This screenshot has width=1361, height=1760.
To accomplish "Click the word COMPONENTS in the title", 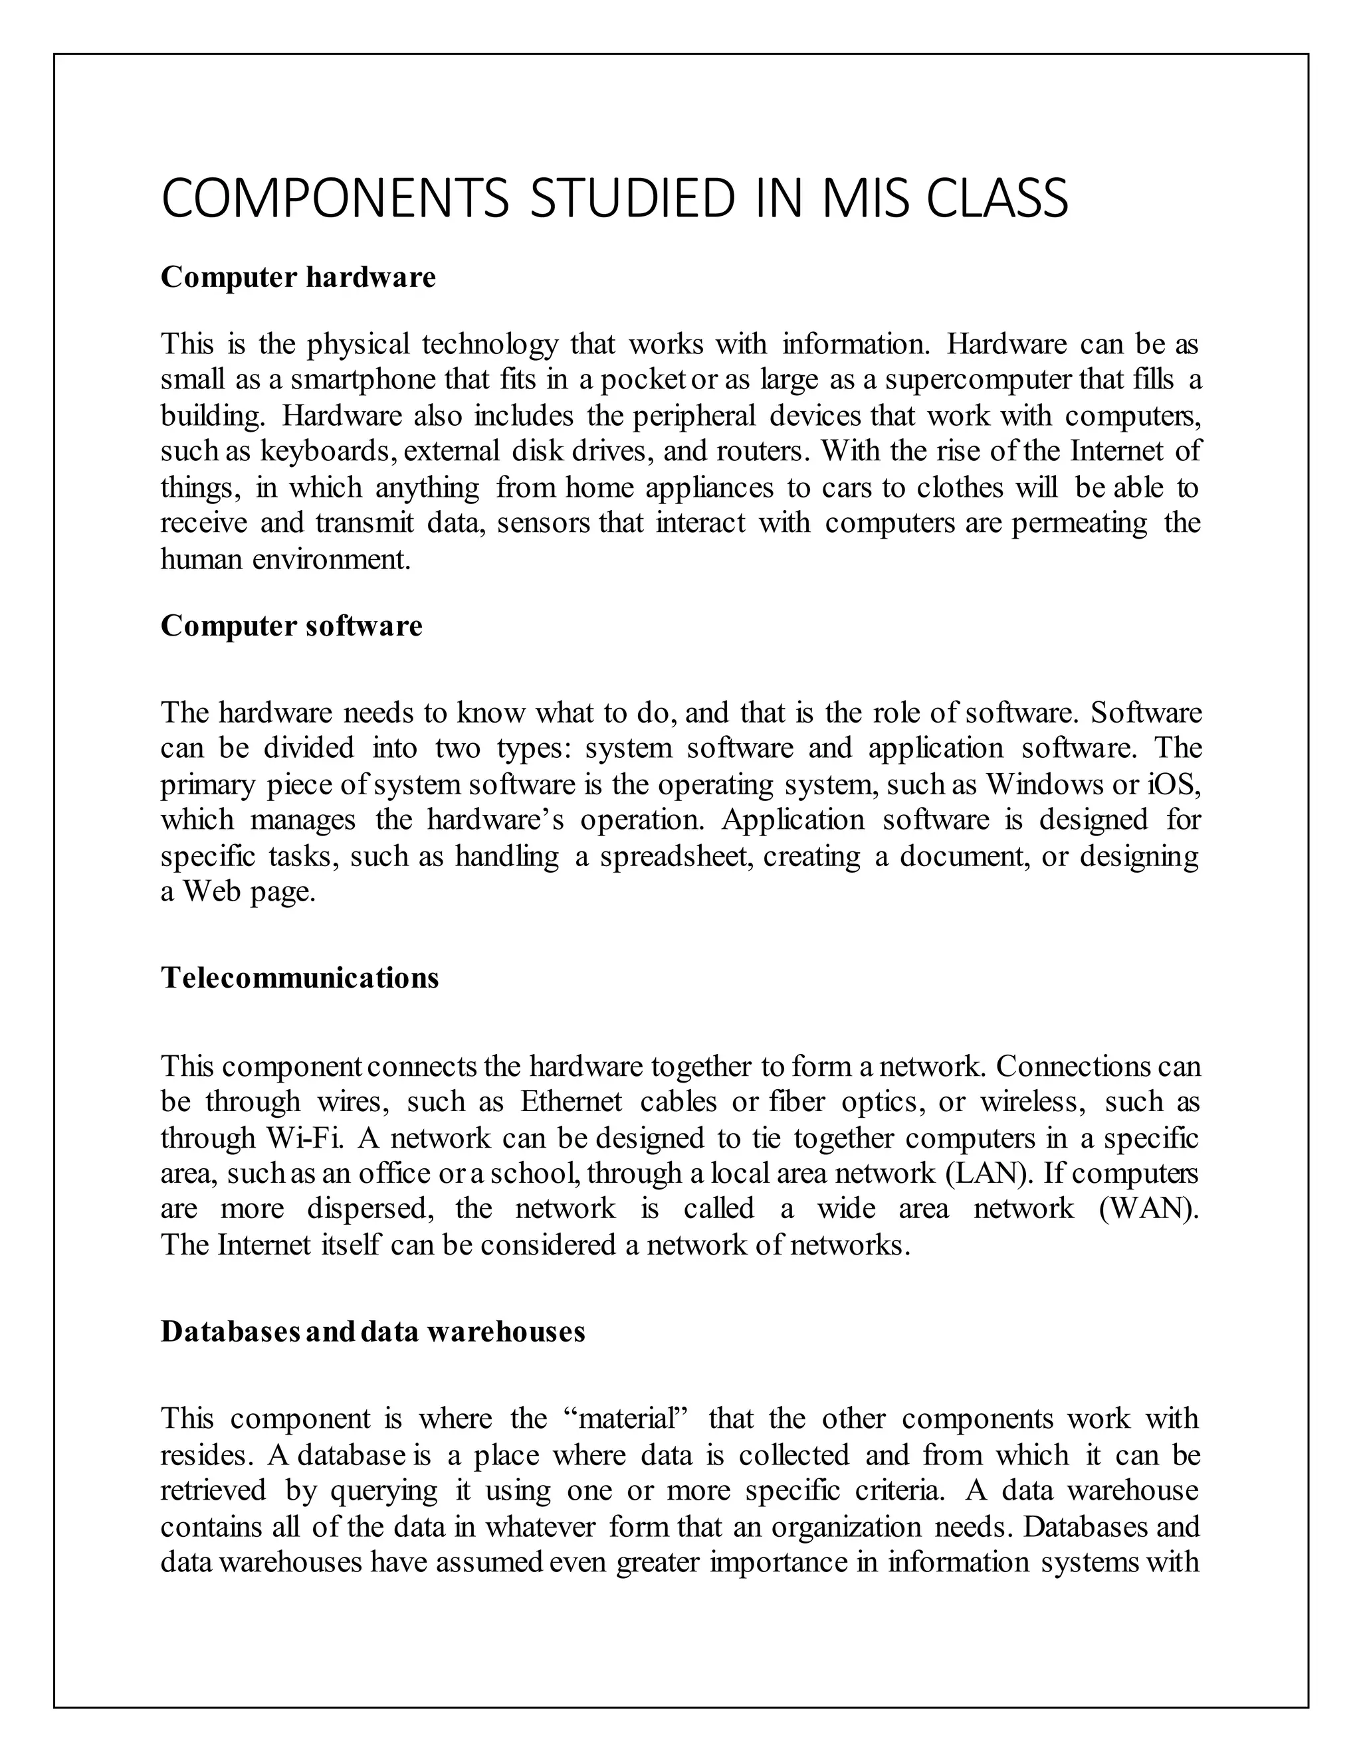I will click(335, 199).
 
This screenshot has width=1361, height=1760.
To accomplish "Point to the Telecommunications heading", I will click(299, 978).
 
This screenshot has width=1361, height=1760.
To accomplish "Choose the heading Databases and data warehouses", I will click(373, 1331).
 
